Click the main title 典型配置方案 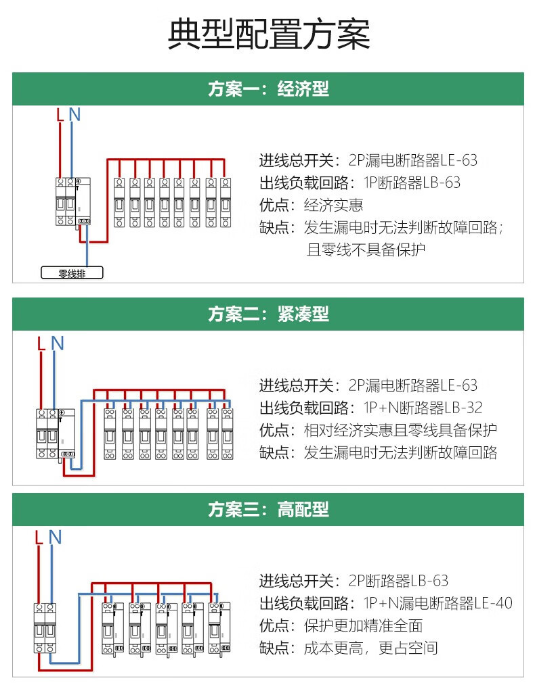click(x=268, y=35)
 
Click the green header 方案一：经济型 click(x=268, y=89)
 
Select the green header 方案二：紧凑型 click(x=268, y=314)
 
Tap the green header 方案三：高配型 click(x=268, y=509)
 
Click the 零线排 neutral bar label click(x=72, y=274)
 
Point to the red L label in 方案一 click(x=60, y=115)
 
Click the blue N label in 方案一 click(x=74, y=115)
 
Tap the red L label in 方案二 click(x=41, y=343)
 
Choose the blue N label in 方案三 click(x=55, y=538)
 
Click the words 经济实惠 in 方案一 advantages click(x=333, y=205)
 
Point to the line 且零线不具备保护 click(x=366, y=249)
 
